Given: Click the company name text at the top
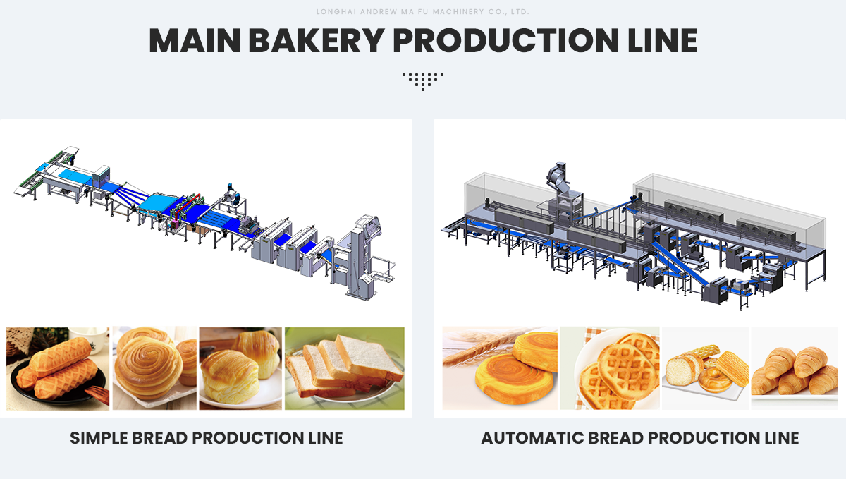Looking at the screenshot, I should point(423,12).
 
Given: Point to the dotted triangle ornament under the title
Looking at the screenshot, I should point(423,80).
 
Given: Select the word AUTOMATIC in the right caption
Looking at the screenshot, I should point(527,438).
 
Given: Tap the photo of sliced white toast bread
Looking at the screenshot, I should point(345,368).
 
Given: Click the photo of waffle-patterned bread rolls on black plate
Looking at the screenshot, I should point(58,368).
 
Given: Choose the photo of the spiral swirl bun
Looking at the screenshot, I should point(154,368).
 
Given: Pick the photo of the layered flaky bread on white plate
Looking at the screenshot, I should point(240,368).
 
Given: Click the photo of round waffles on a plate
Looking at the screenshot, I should point(610,368).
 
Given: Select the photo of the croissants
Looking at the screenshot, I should point(794,368).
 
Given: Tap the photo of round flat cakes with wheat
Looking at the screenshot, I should point(500,368).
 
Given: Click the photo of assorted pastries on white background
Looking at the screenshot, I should point(705,368).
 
